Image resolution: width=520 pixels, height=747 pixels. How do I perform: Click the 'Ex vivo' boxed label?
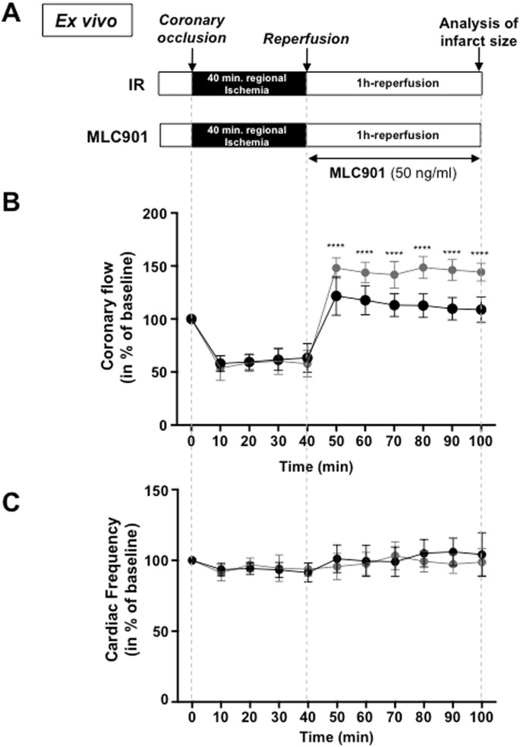[x=87, y=20]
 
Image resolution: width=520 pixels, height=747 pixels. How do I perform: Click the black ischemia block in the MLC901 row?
[x=248, y=136]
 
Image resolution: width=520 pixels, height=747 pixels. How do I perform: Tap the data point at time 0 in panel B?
[x=191, y=319]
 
